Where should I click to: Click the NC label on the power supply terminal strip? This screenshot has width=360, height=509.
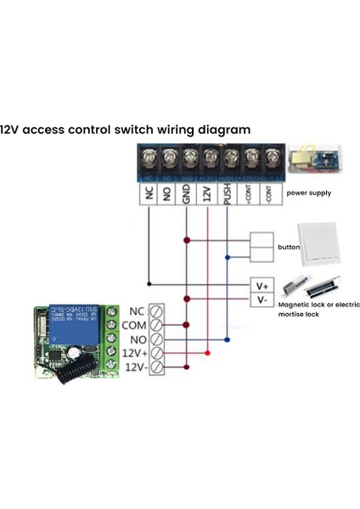click(148, 194)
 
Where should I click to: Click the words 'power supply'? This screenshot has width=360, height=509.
click(309, 193)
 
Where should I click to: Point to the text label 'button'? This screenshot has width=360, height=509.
click(289, 248)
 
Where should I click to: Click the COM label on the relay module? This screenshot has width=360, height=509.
click(134, 324)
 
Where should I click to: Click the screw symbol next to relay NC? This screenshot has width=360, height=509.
click(155, 310)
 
